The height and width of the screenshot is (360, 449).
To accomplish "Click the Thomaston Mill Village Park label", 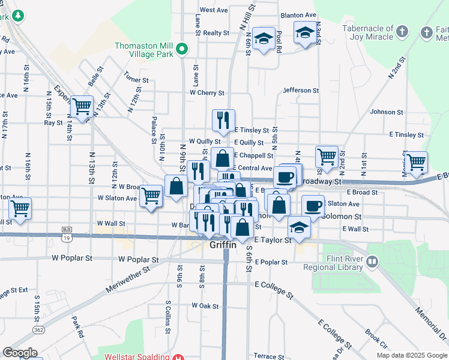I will [x=144, y=50].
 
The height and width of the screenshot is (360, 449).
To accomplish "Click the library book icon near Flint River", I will [x=372, y=261].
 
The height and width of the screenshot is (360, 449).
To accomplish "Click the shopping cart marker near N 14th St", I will [x=82, y=106].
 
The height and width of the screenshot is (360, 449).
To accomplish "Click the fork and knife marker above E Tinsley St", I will [x=223, y=119].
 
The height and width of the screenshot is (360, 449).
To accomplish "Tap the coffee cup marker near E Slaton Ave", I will [x=312, y=205].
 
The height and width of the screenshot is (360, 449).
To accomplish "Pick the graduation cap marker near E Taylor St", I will [x=298, y=226].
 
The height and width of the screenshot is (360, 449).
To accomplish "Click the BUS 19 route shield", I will [x=66, y=233].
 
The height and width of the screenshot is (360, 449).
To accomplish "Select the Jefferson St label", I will [x=301, y=91].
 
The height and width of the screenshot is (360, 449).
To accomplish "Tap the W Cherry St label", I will [x=207, y=93].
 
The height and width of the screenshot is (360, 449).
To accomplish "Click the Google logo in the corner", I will [x=20, y=353].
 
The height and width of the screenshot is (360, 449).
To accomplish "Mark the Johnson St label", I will [x=387, y=112].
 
